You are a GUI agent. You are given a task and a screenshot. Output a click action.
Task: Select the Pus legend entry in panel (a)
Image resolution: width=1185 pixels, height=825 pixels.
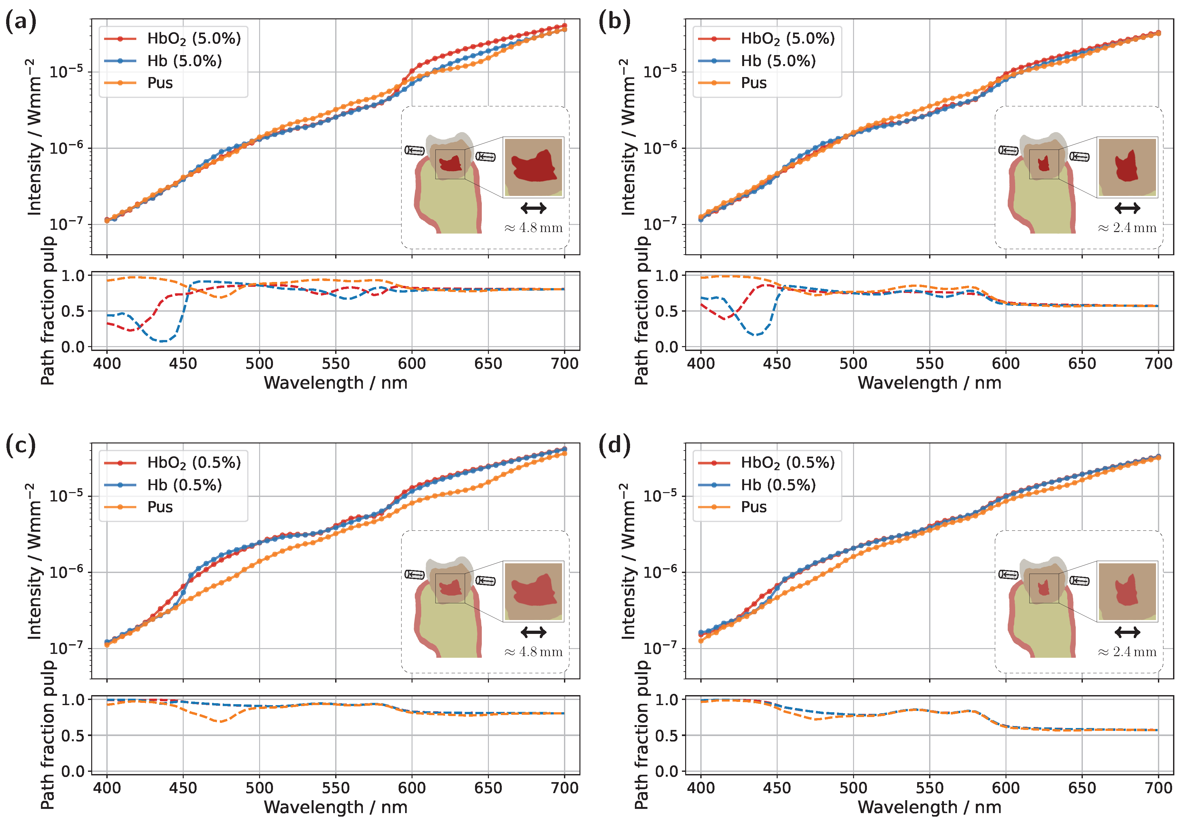point(160,83)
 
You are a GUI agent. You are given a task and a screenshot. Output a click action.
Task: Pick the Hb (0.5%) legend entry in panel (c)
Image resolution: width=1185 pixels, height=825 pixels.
point(184,485)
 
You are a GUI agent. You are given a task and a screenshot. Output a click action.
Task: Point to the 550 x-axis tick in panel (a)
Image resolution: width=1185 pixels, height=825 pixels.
point(335,364)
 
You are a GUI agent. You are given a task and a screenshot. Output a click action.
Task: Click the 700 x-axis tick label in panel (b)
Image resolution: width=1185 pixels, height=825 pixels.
point(1158,364)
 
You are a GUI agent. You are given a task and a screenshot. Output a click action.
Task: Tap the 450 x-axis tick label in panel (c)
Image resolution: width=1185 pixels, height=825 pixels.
point(183,788)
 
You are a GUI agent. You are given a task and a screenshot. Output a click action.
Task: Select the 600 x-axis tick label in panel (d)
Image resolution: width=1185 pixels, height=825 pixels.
point(1005,788)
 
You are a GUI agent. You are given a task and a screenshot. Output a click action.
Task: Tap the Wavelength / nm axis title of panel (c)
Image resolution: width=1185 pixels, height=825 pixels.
point(335,808)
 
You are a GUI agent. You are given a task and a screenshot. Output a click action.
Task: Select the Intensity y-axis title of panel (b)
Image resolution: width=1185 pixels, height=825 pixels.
point(627,137)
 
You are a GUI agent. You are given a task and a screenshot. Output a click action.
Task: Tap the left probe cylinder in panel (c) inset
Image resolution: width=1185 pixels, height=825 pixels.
point(414,574)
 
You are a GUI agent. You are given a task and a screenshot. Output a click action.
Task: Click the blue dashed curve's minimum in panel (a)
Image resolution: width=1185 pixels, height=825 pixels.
point(162,341)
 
